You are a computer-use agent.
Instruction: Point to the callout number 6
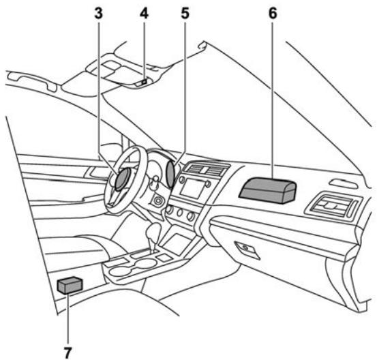tap(271, 13)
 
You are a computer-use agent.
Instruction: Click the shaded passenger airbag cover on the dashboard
tap(269, 187)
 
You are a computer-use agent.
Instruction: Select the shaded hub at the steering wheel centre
tap(123, 181)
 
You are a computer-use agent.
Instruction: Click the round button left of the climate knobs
tap(159, 202)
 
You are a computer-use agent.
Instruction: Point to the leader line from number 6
tap(272, 95)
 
